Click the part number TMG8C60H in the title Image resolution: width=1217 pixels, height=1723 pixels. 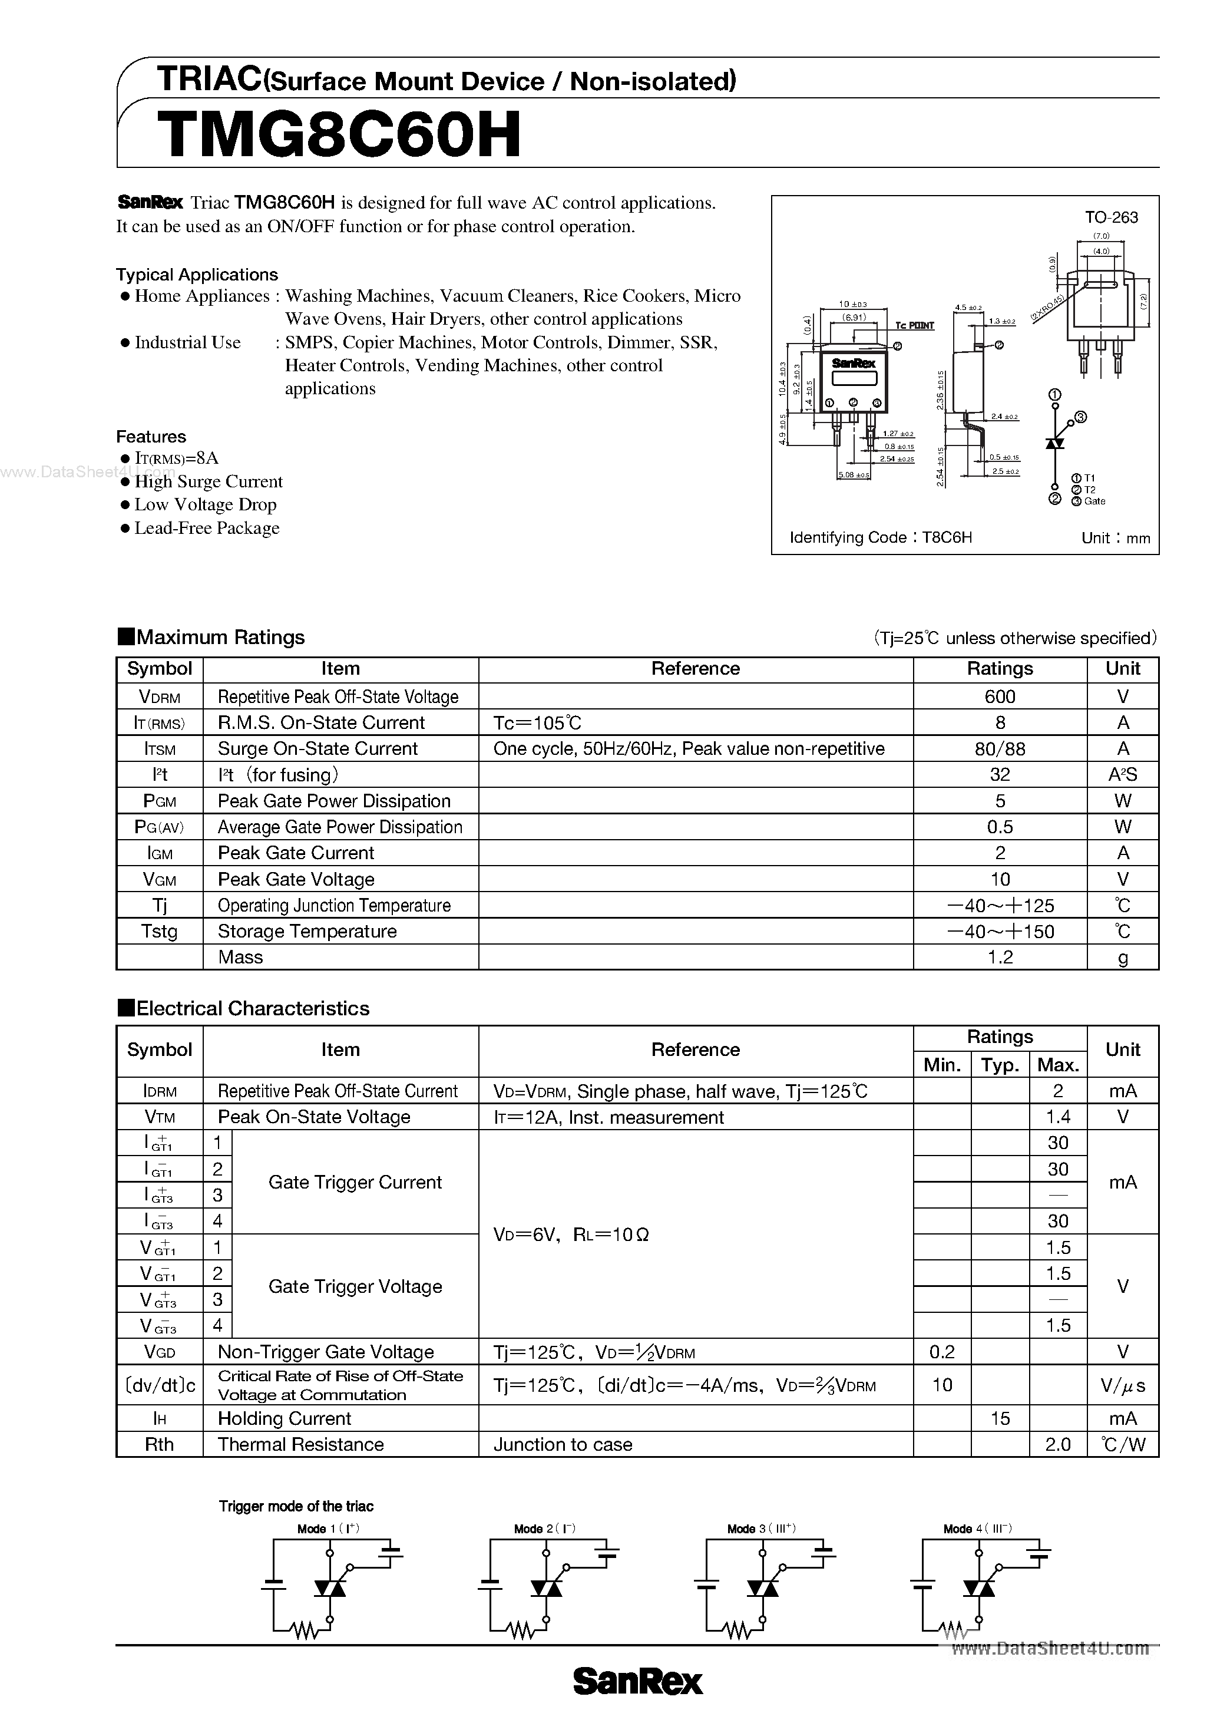pyautogui.click(x=339, y=135)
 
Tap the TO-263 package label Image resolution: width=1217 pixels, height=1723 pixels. pyautogui.click(x=1110, y=217)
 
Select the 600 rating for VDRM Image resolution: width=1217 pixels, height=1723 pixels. pyautogui.click(x=1000, y=697)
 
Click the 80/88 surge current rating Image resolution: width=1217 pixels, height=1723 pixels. pyautogui.click(x=1000, y=749)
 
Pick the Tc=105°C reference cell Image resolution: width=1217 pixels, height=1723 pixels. pyautogui.click(x=537, y=722)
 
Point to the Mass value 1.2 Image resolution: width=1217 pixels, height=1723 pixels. pyautogui.click(x=1000, y=958)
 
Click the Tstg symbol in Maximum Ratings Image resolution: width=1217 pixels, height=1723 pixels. pyautogui.click(x=159, y=931)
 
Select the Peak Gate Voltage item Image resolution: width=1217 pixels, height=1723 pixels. pyautogui.click(x=296, y=880)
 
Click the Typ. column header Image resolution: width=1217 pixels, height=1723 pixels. pyautogui.click(x=1000, y=1065)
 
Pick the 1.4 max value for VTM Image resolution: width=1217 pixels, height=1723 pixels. pyautogui.click(x=1057, y=1117)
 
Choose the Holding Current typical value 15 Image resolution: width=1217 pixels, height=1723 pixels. pyautogui.click(x=1000, y=1418)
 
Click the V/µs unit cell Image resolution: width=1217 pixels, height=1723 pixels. pyautogui.click(x=1123, y=1385)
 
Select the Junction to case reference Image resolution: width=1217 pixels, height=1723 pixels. pyautogui.click(x=563, y=1445)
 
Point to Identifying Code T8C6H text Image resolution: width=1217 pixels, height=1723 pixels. pyautogui.click(x=881, y=537)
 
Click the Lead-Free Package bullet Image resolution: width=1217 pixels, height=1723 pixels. pyautogui.click(x=206, y=529)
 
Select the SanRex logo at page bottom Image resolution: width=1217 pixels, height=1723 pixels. pyautogui.click(x=638, y=1682)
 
